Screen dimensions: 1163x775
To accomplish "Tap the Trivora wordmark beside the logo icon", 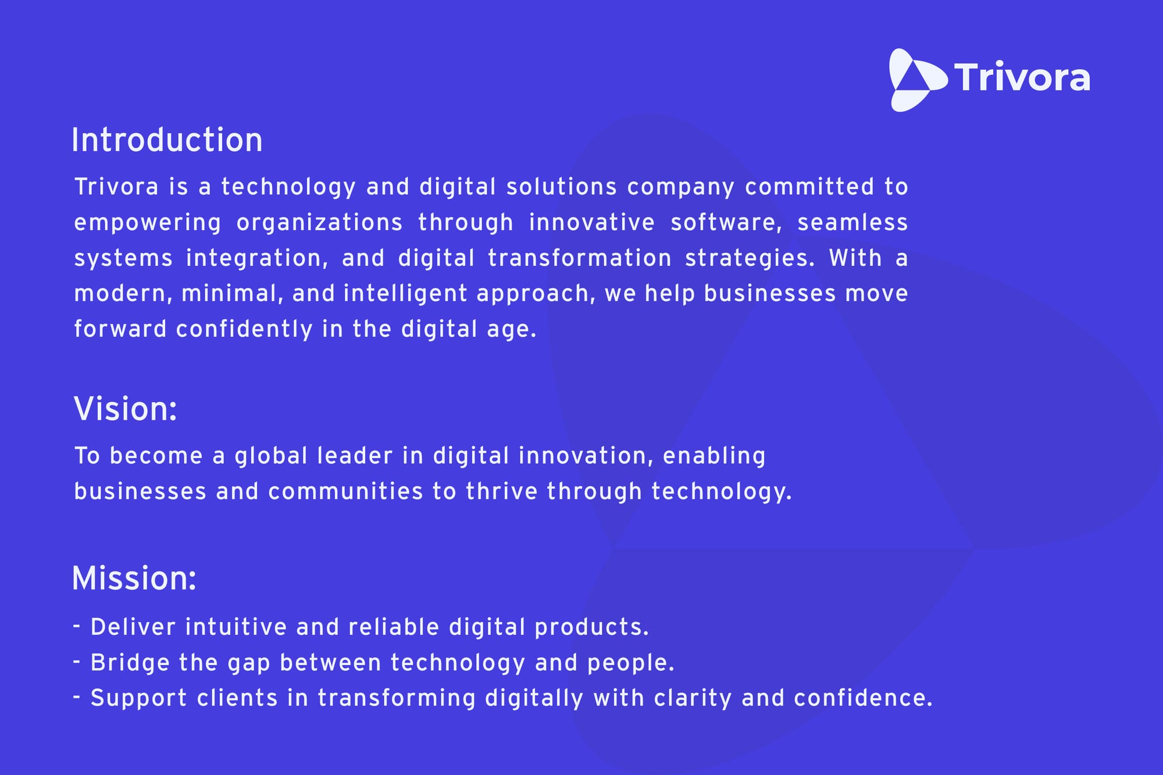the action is (x=1022, y=77).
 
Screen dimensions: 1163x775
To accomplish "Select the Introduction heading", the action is (x=167, y=140).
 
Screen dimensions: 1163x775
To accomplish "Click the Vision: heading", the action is (x=126, y=409).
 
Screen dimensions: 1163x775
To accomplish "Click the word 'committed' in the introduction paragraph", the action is (x=809, y=187).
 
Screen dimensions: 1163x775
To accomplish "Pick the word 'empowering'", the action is (x=148, y=223).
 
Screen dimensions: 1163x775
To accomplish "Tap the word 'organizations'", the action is (x=319, y=223).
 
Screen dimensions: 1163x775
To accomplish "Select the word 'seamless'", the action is (x=852, y=222).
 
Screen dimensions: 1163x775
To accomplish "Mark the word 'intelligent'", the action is (x=405, y=294).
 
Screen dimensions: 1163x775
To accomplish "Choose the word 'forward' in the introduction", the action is (x=120, y=329).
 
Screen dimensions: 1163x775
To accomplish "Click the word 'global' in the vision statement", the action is (x=271, y=456).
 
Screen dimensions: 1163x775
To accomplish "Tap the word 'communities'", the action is (x=345, y=492).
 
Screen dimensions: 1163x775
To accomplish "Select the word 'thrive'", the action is (x=502, y=492).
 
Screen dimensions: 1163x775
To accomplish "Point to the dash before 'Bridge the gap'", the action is (x=77, y=661).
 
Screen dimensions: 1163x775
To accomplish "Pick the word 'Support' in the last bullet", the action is (x=139, y=699).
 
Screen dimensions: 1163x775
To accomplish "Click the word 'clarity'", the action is (x=693, y=699).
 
